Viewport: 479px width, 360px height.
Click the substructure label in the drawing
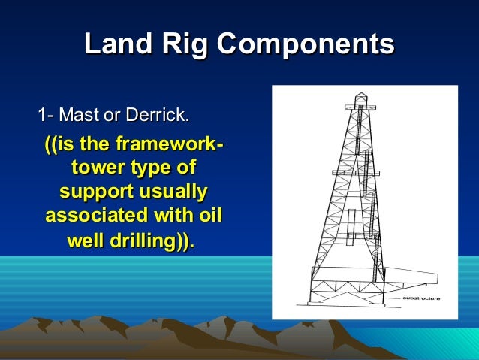421,298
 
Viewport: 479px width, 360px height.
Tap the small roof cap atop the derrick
361,96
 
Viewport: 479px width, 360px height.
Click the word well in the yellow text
87,242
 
